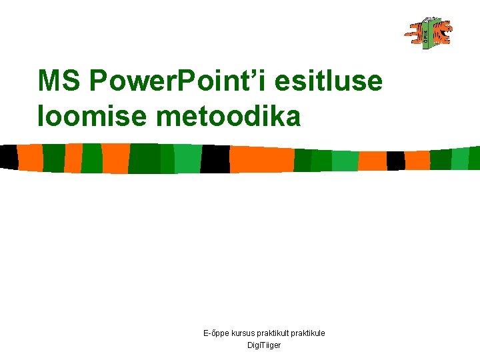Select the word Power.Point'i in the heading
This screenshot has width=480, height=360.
point(177,81)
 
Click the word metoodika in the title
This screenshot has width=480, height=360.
point(228,116)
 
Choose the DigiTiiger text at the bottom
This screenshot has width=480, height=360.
point(264,345)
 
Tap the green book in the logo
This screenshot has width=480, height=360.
point(426,33)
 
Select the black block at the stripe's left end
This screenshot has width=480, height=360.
point(9,157)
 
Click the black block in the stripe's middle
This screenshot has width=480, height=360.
point(215,159)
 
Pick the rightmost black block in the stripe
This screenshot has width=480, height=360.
point(395,160)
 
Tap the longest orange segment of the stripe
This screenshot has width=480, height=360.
point(261,159)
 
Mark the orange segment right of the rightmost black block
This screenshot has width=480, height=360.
point(417,160)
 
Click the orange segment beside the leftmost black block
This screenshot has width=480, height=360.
point(30,157)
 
